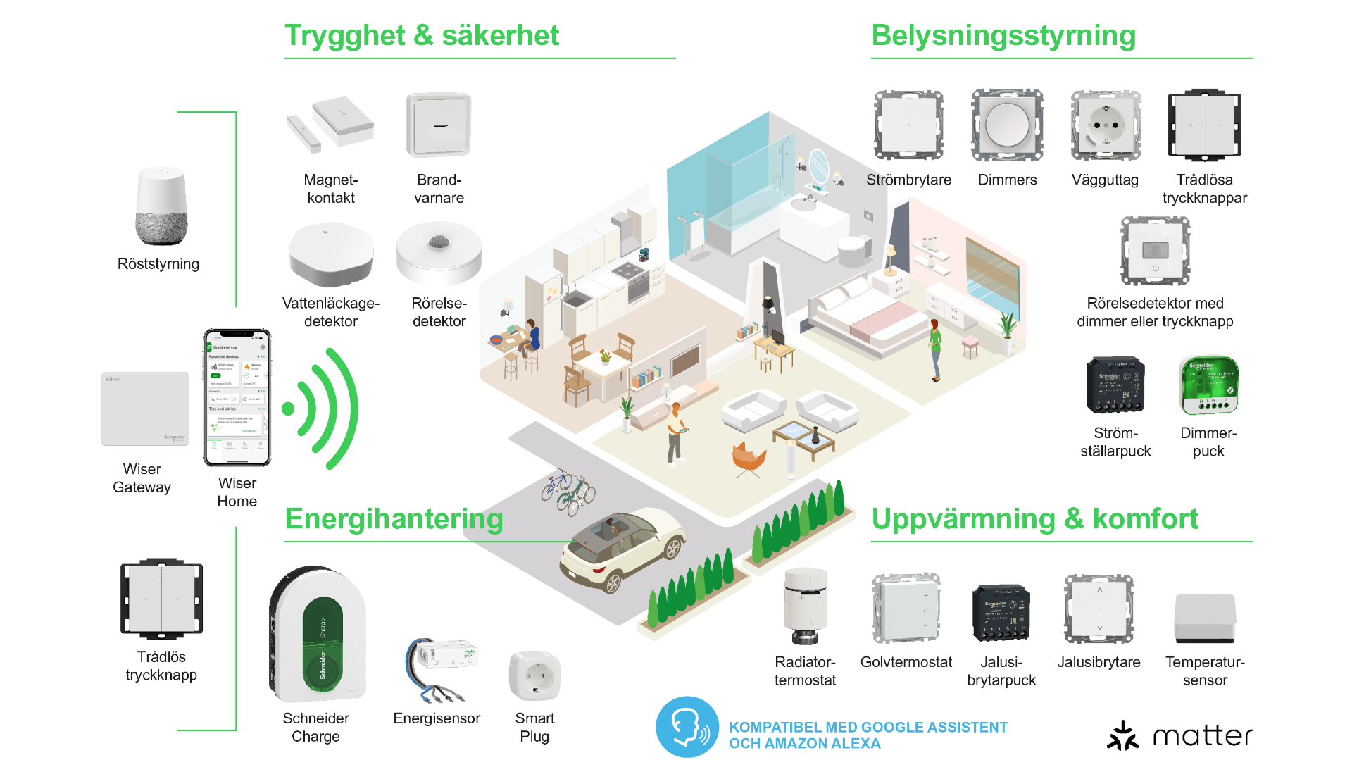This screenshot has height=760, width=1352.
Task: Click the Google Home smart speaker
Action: (x=161, y=206)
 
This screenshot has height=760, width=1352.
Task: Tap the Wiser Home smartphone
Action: (x=237, y=397)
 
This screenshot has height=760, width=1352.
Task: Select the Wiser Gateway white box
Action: (x=145, y=409)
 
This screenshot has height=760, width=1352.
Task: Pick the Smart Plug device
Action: (x=534, y=676)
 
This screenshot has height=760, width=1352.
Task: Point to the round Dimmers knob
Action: (x=1007, y=125)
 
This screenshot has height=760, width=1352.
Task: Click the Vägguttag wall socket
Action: (x=1106, y=125)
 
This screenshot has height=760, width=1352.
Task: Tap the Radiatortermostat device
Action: (x=805, y=606)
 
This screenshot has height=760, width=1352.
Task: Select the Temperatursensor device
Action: (x=1205, y=618)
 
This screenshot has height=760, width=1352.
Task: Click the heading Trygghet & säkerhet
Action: (x=421, y=35)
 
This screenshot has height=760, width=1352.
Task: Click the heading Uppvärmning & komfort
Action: (x=1034, y=519)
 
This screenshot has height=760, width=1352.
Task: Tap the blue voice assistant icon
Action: (x=687, y=727)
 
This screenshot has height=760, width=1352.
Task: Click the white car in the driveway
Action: (x=622, y=549)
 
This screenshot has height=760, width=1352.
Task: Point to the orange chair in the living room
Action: (x=749, y=458)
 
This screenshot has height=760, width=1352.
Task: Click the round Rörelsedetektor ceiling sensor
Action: (x=439, y=254)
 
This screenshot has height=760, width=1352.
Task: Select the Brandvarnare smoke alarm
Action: (x=439, y=125)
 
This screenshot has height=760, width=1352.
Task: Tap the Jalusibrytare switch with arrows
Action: (x=1098, y=609)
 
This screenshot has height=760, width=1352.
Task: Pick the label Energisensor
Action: (x=437, y=718)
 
